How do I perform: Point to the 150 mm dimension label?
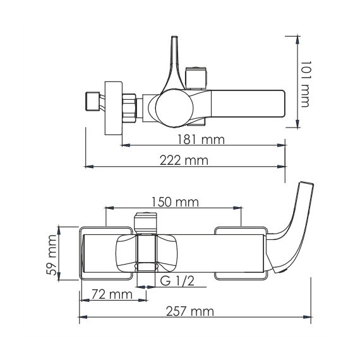tap(175, 202)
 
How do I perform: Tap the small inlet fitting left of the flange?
tap(92, 102)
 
